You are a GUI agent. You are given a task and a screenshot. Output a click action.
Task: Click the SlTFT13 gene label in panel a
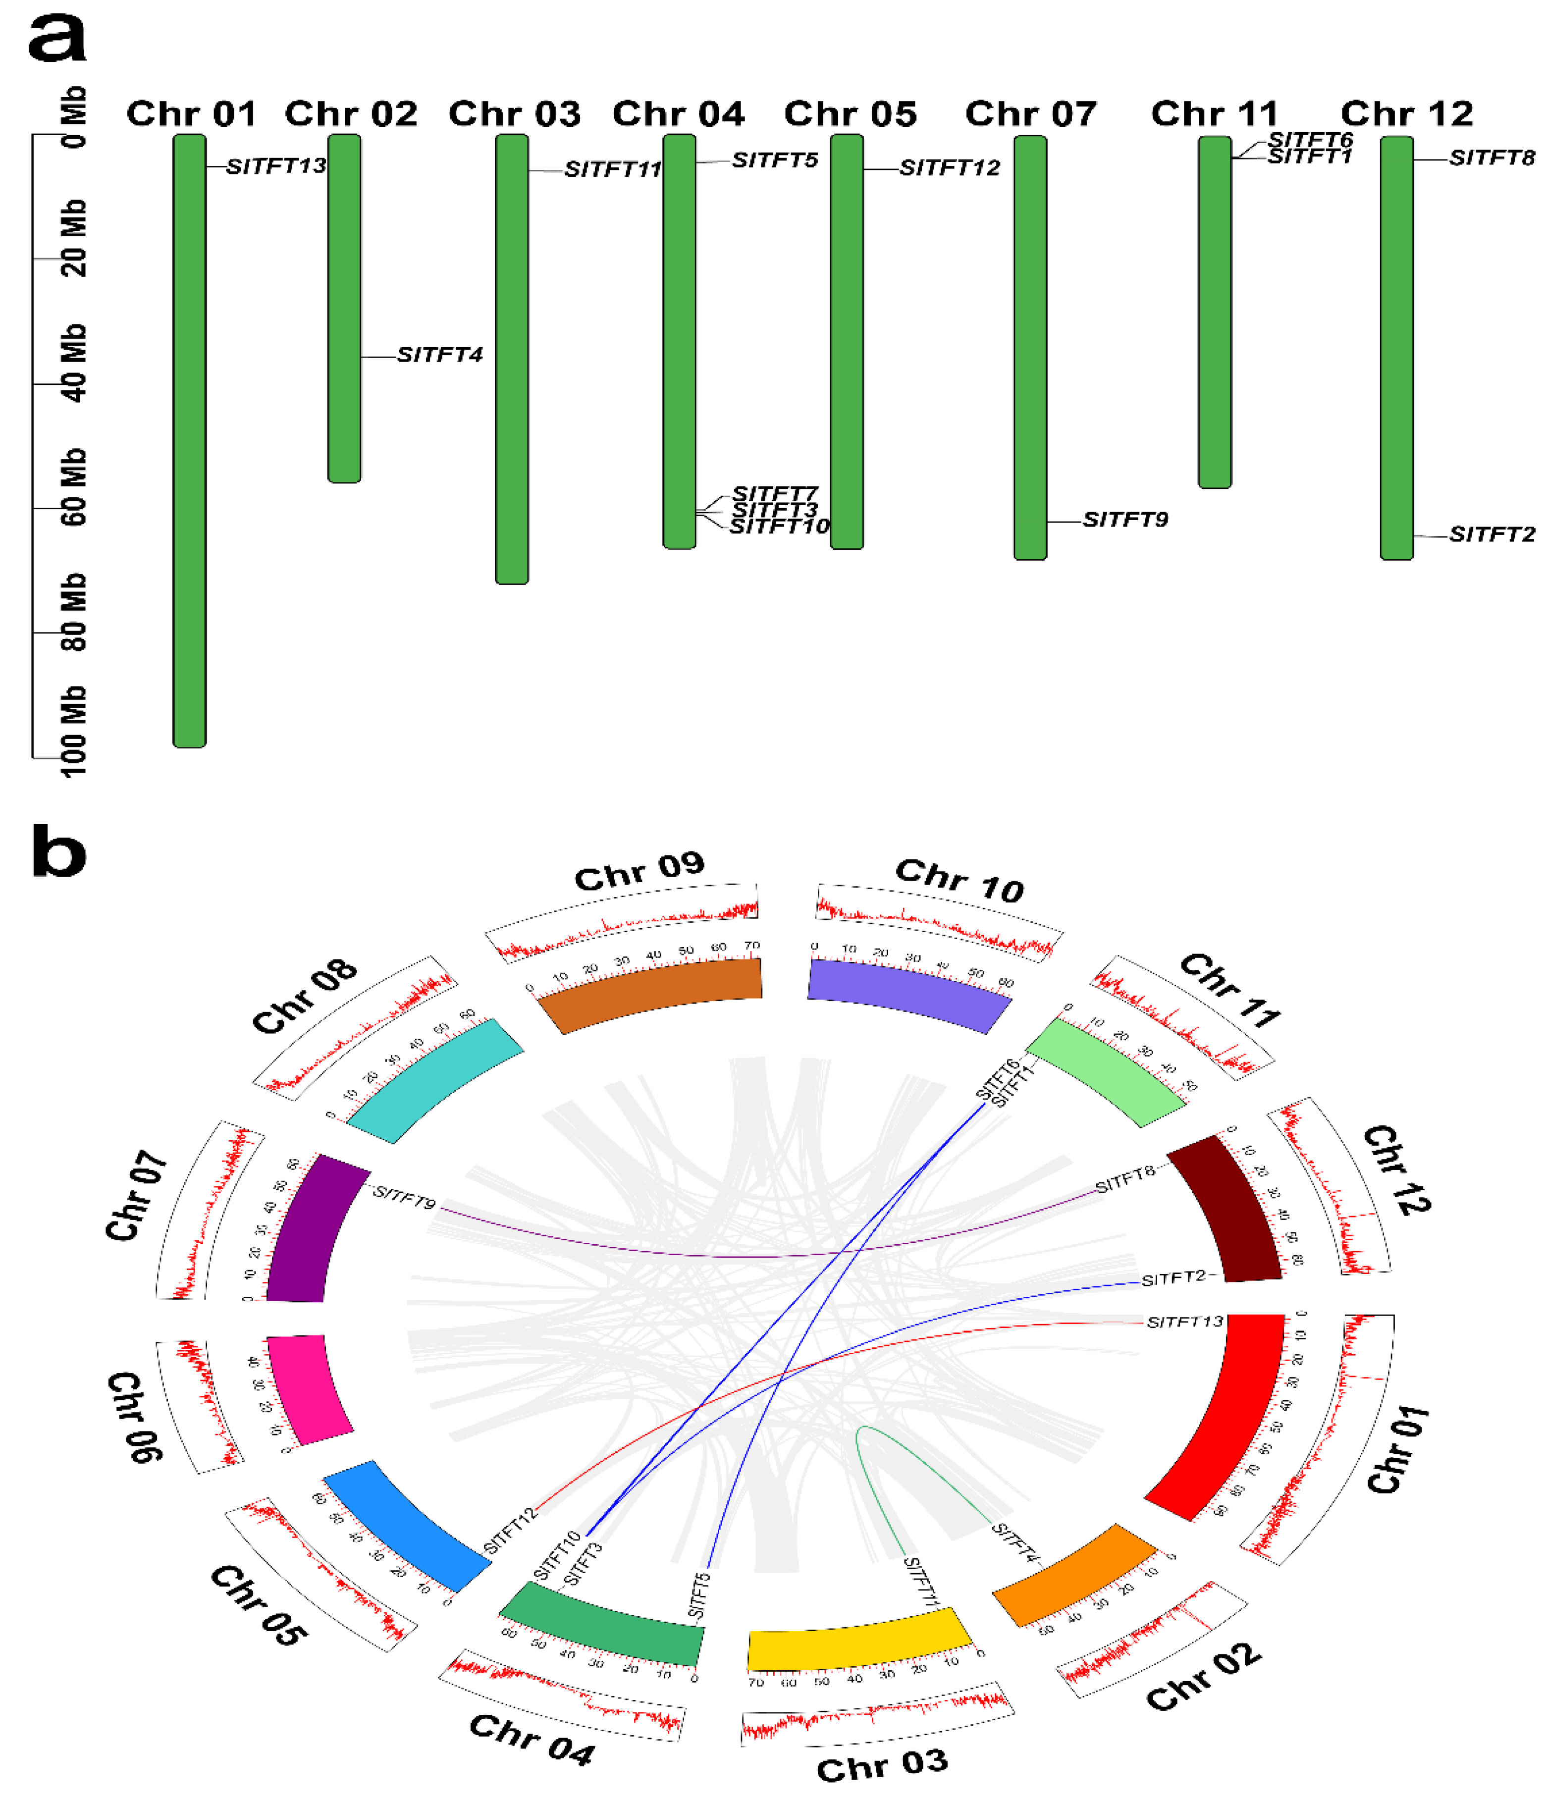pos(276,166)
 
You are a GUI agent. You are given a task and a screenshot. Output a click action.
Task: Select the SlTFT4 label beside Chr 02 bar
pos(439,355)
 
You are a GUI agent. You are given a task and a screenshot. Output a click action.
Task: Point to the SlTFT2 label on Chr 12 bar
pos(1492,534)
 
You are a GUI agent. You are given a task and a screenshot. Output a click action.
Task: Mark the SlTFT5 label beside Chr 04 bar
pos(774,160)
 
